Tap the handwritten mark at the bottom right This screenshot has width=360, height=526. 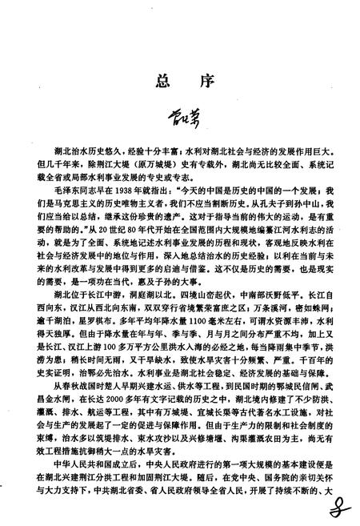[x=342, y=504]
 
